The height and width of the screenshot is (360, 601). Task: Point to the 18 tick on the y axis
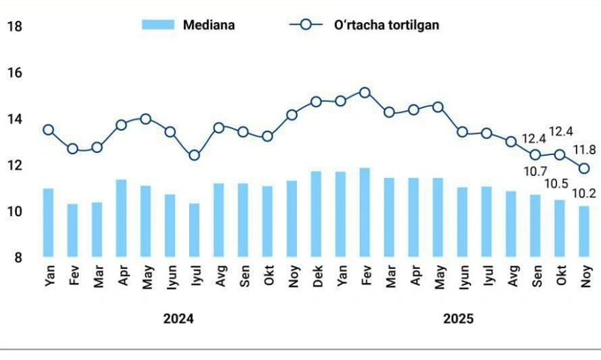pyautogui.click(x=14, y=27)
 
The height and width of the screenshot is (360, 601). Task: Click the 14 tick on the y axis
pyautogui.click(x=14, y=119)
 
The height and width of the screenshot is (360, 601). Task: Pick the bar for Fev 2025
pyautogui.click(x=364, y=212)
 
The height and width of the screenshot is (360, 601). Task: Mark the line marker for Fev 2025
pyautogui.click(x=364, y=92)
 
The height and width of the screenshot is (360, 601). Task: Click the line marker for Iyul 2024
pyautogui.click(x=194, y=156)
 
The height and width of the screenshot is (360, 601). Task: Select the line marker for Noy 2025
pyautogui.click(x=583, y=168)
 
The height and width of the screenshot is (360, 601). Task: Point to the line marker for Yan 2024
pyautogui.click(x=49, y=130)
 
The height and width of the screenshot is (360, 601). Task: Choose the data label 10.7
pyautogui.click(x=534, y=171)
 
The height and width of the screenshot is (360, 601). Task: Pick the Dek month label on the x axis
pyautogui.click(x=316, y=276)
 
